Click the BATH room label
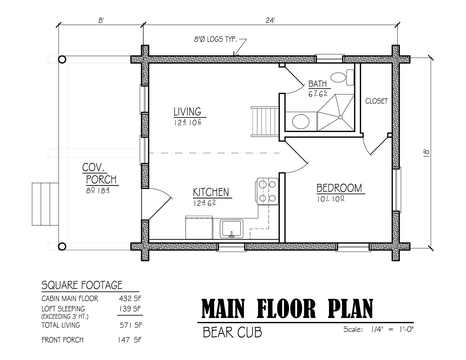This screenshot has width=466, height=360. (x=317, y=84)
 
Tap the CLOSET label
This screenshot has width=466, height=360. (x=376, y=101)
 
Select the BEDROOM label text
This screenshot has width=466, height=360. (x=339, y=188)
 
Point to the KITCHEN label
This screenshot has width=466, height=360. (x=211, y=192)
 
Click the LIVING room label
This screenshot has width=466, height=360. (x=187, y=112)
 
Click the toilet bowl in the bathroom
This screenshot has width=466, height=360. (x=338, y=77)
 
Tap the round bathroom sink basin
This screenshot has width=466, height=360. (x=301, y=121)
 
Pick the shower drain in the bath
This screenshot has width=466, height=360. (x=340, y=117)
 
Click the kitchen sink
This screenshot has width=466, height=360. (x=231, y=229)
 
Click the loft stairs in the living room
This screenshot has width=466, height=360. (x=265, y=121)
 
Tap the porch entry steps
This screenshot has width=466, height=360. (x=45, y=204)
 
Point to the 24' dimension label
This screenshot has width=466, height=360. (x=270, y=21)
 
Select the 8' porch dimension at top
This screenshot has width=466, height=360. (x=101, y=21)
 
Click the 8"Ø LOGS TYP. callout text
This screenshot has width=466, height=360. (x=215, y=39)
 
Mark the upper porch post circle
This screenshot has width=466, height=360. (x=62, y=59)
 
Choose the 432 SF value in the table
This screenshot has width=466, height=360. (x=130, y=298)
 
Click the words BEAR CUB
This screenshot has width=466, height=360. (x=232, y=332)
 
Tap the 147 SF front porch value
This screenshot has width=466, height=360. (x=129, y=340)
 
